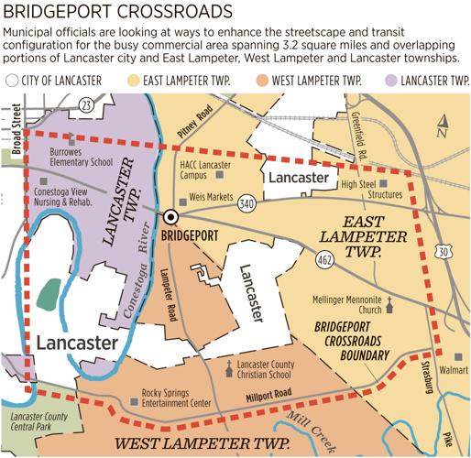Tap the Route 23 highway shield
85,105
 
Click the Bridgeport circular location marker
170,217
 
